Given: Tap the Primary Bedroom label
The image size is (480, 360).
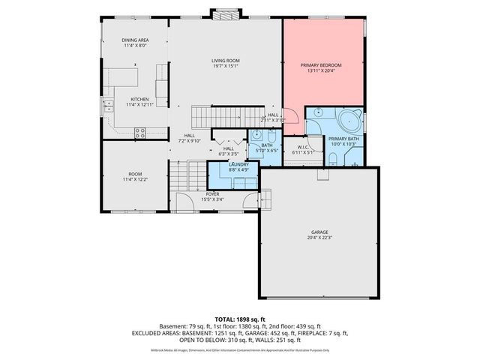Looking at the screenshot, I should coord(322,65).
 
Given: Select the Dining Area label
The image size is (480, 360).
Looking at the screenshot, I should coord(136,40).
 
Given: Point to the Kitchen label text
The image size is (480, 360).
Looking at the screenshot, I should coord(139,99).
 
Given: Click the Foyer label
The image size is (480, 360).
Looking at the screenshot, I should coord(213,193).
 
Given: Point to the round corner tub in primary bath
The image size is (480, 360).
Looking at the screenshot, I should coord(349,120).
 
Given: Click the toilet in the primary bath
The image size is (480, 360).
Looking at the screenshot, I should coord(331,157).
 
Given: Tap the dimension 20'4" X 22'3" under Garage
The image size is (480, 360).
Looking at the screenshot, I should coord(320,238).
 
